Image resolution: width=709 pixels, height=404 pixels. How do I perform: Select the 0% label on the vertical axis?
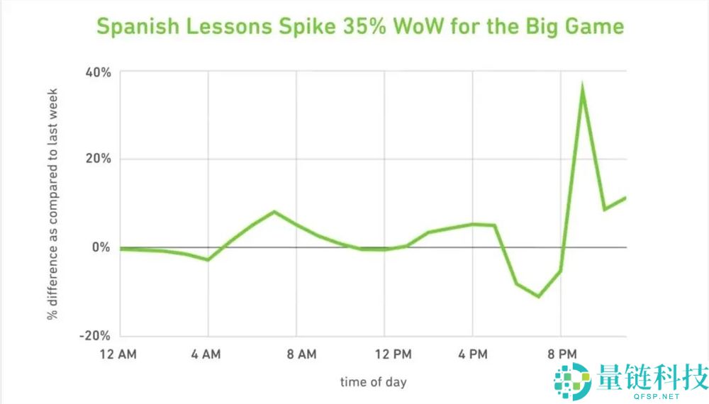(x=101, y=247)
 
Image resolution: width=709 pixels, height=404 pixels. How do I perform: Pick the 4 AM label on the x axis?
(x=208, y=353)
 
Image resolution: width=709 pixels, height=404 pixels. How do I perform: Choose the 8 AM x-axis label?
(x=296, y=353)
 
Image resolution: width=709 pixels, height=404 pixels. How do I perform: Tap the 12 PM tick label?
(x=384, y=353)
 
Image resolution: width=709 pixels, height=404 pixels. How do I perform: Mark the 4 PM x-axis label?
(x=472, y=353)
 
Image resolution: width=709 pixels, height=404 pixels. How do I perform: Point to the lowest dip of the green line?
(x=539, y=296)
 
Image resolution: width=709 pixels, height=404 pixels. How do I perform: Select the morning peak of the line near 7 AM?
(x=274, y=212)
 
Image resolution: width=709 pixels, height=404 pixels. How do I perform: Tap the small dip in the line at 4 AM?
(x=208, y=259)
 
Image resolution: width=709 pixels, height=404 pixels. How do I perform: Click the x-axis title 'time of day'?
(x=374, y=382)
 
